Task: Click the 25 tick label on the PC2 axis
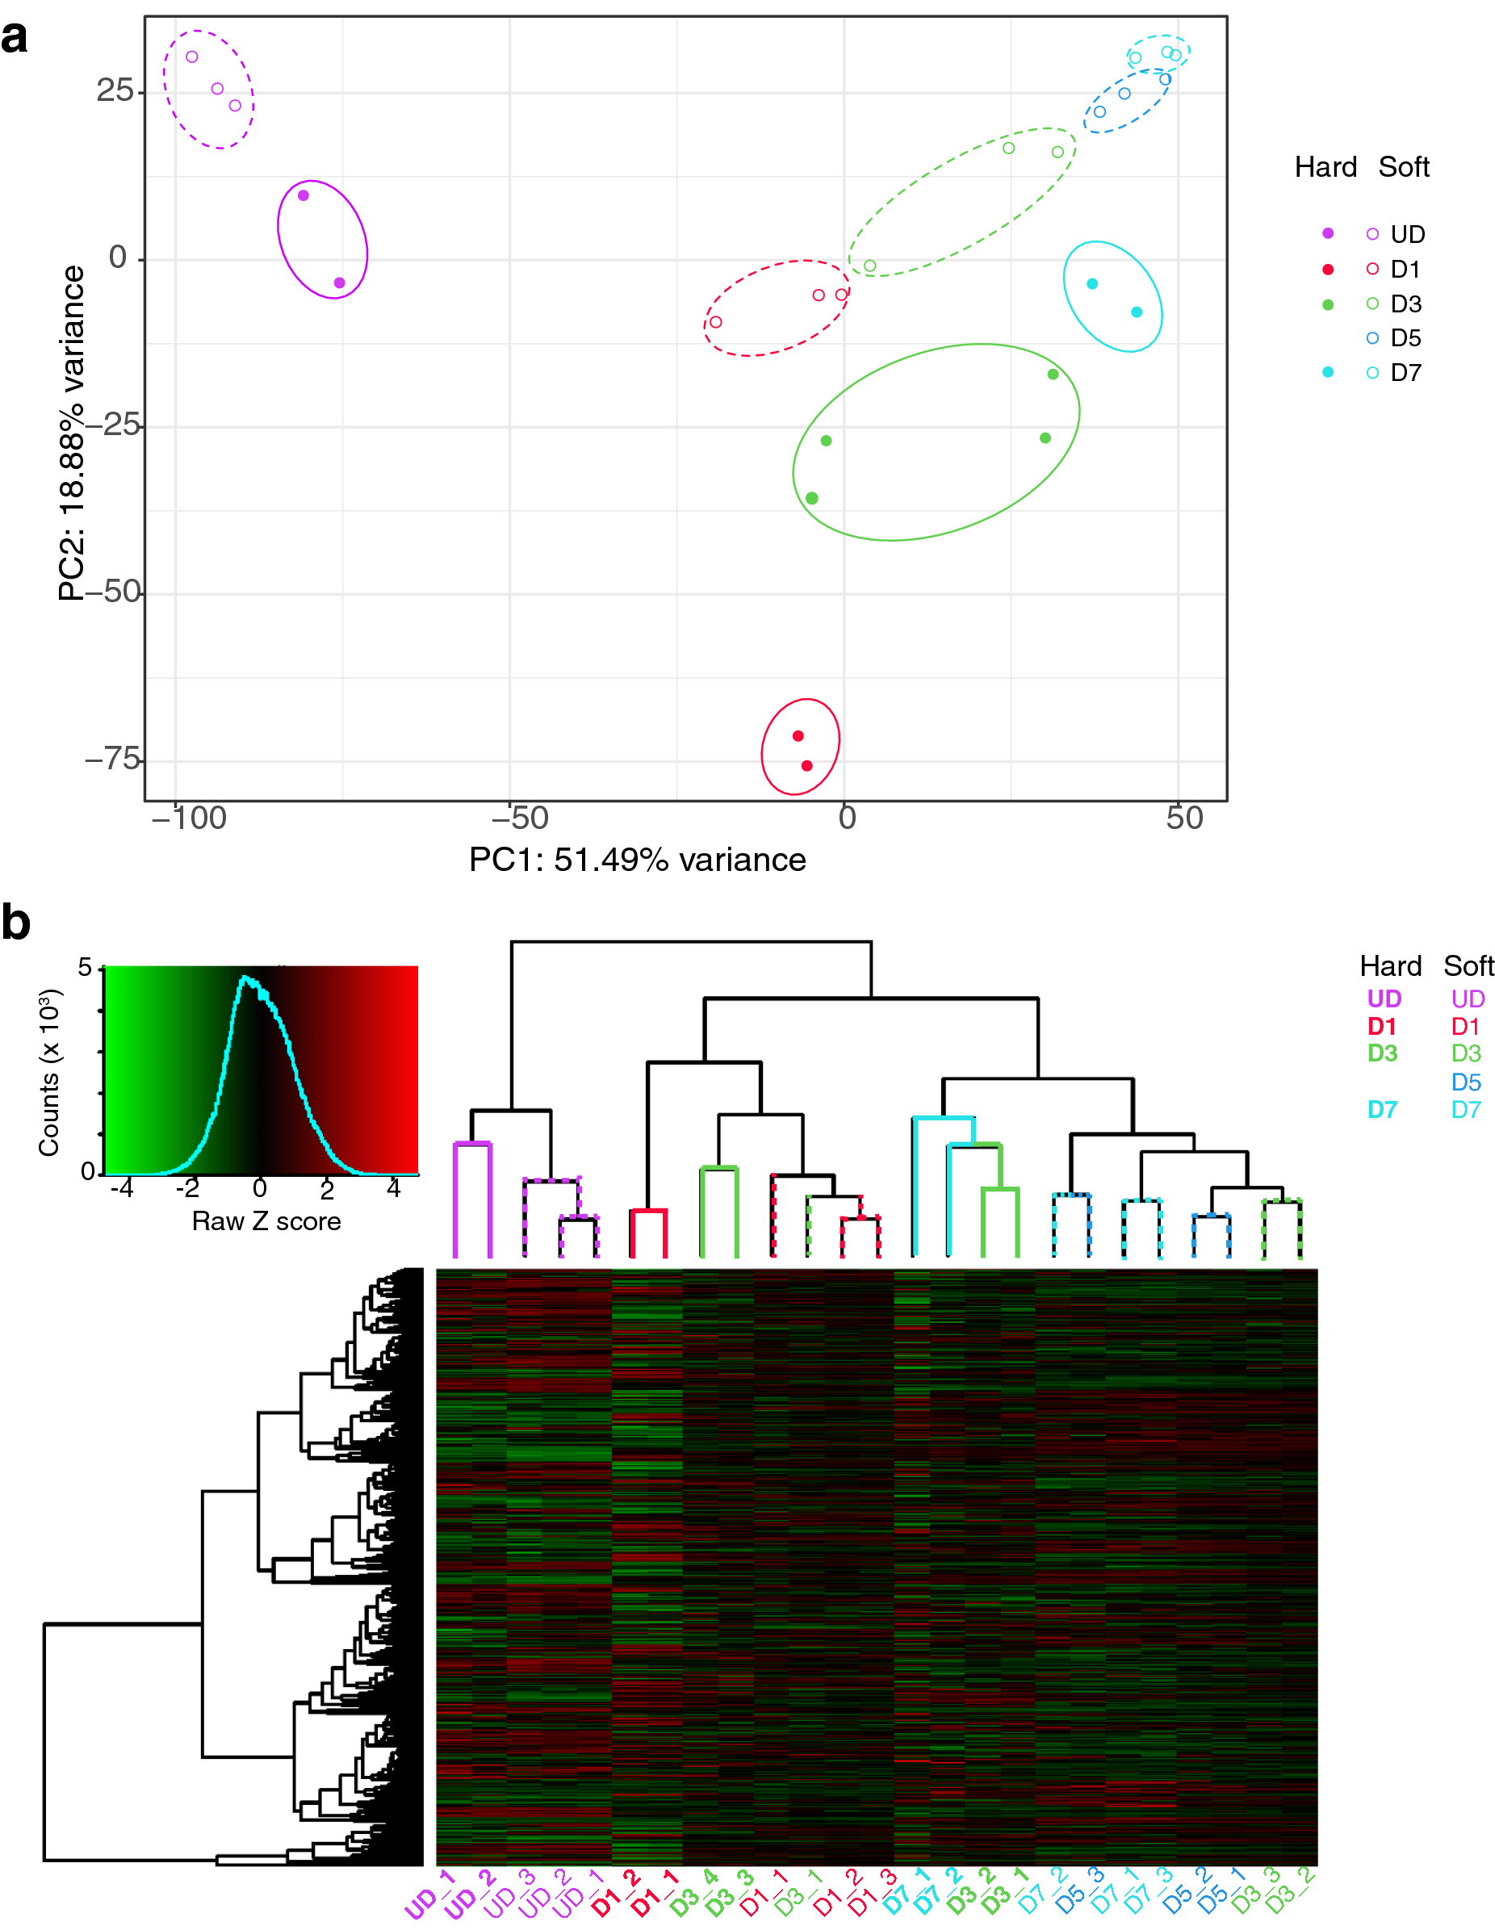click(x=115, y=90)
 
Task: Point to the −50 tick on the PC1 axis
click(x=521, y=818)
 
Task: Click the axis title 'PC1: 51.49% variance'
click(x=637, y=860)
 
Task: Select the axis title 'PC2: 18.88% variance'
click(x=72, y=433)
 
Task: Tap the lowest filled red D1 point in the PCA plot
click(x=806, y=766)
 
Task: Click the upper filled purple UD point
click(x=303, y=195)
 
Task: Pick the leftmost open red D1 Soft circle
click(x=716, y=321)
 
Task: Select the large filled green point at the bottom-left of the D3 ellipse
click(x=812, y=498)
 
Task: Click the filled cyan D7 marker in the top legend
click(x=1328, y=372)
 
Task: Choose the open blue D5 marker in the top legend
click(x=1372, y=337)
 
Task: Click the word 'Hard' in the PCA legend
click(x=1325, y=167)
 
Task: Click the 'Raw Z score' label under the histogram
click(x=266, y=1221)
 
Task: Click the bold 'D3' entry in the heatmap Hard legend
click(x=1383, y=1053)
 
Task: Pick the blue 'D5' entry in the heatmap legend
click(x=1466, y=1082)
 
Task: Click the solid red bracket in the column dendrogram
click(x=647, y=1212)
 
